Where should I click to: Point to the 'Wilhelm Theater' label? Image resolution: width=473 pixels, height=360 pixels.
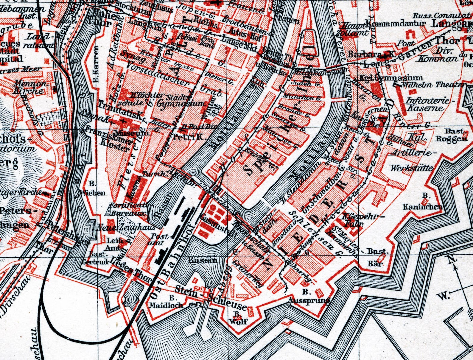coord(433,85)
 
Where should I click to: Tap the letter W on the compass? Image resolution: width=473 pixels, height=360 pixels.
coord(443,296)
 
